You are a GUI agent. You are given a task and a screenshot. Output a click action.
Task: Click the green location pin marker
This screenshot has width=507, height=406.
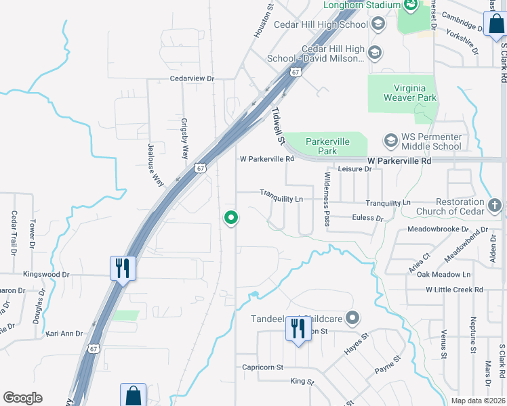pos(231,217)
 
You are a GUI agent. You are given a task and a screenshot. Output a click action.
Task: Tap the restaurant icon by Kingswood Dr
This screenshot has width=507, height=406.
pos(123,267)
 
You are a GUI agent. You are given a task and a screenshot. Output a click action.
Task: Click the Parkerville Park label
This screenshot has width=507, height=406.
pos(327,146)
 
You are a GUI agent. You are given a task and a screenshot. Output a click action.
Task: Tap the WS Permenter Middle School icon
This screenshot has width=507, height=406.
pos(390,141)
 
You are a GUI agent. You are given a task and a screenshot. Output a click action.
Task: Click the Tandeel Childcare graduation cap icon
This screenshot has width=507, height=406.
pos(352,317)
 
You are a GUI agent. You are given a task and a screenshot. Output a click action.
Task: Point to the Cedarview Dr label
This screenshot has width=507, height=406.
pos(192,79)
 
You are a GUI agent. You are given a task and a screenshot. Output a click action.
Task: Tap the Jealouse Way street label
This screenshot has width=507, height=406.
pos(155,164)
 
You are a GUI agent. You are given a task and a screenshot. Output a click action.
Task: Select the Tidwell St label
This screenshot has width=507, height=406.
pos(277,126)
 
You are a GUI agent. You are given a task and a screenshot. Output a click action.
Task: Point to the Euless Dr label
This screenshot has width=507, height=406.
pos(367,218)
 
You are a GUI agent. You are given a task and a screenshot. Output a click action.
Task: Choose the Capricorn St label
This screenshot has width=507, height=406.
pos(262,367)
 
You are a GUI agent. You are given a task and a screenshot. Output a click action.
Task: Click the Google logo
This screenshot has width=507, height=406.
pos(22,398)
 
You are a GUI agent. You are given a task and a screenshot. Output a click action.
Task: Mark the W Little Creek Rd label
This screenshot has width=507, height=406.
pos(454,290)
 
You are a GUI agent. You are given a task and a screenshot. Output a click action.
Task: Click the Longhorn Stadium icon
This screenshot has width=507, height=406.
pos(411,5)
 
